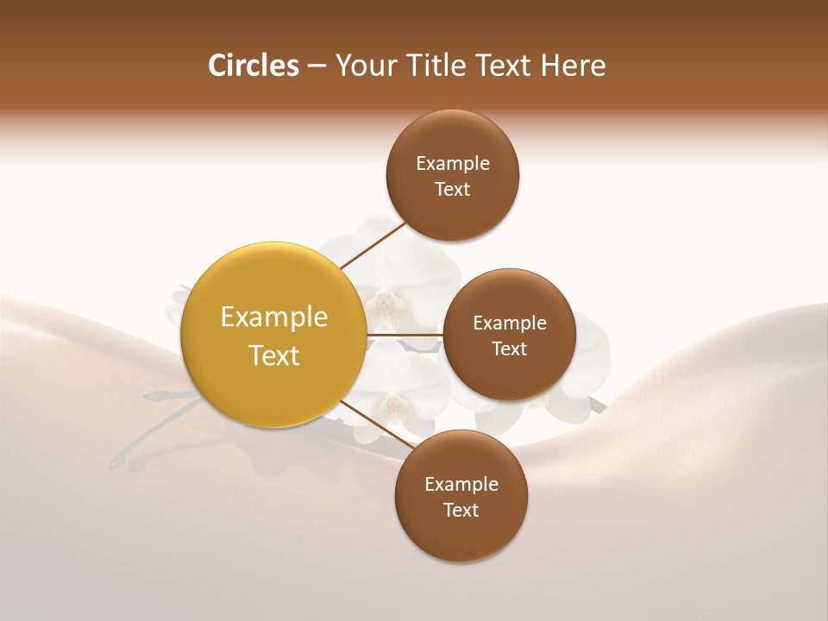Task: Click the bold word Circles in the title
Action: tap(253, 66)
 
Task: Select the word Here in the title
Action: tap(573, 66)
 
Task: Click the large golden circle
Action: tap(273, 379)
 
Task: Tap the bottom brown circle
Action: tap(461, 535)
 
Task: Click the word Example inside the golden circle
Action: tap(274, 317)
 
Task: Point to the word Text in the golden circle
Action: tap(274, 355)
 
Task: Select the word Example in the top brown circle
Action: tap(453, 163)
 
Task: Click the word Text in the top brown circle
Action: tap(453, 189)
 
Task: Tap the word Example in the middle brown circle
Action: tap(510, 323)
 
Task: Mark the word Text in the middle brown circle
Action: tap(510, 348)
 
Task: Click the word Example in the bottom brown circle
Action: tap(461, 484)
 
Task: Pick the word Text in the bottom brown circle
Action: tap(461, 510)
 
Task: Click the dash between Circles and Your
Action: tap(317, 66)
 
